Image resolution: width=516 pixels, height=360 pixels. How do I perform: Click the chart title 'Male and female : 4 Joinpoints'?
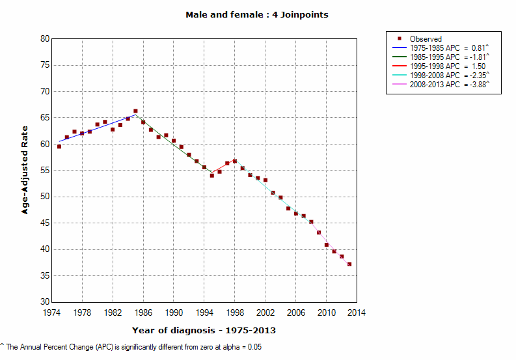257,14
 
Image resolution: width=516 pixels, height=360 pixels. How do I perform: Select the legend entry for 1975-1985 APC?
449,48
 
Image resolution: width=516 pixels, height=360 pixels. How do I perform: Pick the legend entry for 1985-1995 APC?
449,57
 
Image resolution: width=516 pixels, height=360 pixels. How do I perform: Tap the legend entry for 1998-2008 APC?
449,75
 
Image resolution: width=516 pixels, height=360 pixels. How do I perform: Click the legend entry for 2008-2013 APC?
449,84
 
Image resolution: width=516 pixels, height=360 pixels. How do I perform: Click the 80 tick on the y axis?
45,38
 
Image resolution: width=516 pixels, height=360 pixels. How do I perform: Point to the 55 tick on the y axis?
45,171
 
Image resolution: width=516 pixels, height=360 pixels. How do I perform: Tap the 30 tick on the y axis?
45,302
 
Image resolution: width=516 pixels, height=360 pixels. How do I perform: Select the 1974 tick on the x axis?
51,312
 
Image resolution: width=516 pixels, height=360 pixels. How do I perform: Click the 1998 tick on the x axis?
235,312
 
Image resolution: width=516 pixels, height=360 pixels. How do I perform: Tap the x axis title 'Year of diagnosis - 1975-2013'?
204,330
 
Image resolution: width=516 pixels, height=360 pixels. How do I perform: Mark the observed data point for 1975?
59,146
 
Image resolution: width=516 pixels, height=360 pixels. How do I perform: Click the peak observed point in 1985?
135,111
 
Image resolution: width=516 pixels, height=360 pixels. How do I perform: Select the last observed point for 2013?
349,264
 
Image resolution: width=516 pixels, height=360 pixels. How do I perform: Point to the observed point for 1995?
211,176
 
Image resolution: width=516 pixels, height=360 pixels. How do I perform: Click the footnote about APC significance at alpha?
131,347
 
